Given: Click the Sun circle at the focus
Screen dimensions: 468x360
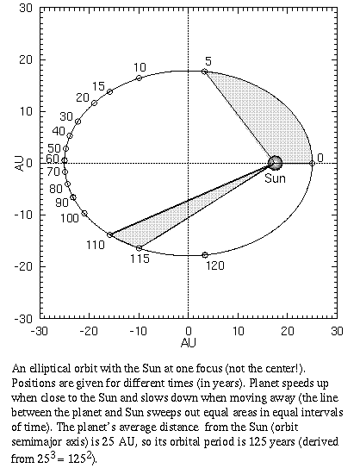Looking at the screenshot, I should point(275,162).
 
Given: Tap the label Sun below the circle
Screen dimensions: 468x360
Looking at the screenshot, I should point(275,178).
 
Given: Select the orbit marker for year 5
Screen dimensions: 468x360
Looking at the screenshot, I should point(204,72).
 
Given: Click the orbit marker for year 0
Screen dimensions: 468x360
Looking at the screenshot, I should point(312,162).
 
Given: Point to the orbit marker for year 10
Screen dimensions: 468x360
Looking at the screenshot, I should point(140,78).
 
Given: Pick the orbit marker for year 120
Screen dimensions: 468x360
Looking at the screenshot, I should point(204,255).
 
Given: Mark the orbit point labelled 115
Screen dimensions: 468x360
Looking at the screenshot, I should point(139,248).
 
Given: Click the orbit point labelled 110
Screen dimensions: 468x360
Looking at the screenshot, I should point(109,234).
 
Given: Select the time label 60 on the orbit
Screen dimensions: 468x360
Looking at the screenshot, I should point(53,159).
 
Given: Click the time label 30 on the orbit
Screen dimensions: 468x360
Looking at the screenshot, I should point(66,116).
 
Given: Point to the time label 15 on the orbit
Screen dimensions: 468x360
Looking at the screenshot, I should point(99,86).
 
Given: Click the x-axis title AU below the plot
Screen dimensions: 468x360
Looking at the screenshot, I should point(188,342).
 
